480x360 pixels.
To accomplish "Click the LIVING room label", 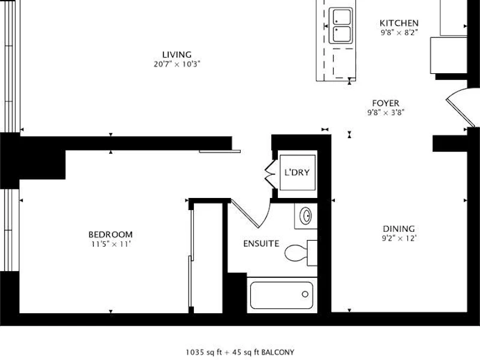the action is (176, 55).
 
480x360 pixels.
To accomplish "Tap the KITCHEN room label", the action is (399, 23).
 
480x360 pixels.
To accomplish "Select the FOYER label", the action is (386, 103).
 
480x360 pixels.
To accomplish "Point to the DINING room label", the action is (398, 229).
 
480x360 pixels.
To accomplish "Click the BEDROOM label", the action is (110, 235).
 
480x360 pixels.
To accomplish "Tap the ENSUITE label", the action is (261, 244).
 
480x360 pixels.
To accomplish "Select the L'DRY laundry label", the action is (297, 172).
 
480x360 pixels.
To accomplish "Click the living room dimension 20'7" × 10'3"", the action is (177, 64).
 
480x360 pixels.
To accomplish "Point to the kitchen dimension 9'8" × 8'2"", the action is (399, 33).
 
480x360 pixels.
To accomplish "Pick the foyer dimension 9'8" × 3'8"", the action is (386, 113).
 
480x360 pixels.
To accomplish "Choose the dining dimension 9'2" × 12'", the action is (398, 238).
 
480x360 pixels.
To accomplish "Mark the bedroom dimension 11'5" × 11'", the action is (111, 244).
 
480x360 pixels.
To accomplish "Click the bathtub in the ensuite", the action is (281, 295).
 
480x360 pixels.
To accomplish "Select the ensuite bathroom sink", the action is (305, 215).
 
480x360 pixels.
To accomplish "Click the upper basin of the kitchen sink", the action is (341, 17).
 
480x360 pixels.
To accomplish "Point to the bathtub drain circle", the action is (305, 294).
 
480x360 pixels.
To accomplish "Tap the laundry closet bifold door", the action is (270, 174).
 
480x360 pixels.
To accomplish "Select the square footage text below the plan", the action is (239, 352).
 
